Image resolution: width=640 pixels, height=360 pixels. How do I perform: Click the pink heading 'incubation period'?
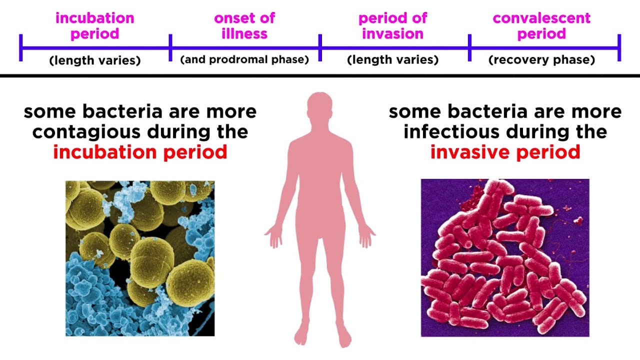coord(95,26)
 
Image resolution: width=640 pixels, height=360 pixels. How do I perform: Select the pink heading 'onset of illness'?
coord(244,26)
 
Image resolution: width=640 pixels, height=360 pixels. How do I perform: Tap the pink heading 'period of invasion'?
coord(392,26)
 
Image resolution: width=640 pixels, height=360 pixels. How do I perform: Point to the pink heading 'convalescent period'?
coord(541,26)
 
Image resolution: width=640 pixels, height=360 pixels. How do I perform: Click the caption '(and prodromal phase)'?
coord(244,59)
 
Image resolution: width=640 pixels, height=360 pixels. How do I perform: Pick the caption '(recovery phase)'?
coord(541,60)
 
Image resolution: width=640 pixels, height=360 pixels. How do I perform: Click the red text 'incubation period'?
coord(140,152)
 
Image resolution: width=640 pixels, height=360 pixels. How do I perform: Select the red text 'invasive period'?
coord(505,152)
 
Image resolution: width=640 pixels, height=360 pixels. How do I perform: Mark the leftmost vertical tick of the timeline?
coord(21,48)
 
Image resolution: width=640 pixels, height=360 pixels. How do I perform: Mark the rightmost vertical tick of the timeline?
coord(619,48)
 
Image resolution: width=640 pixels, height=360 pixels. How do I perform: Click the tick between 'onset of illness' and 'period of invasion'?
coord(320,48)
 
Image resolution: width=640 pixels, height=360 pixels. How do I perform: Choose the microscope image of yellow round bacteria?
coord(140,258)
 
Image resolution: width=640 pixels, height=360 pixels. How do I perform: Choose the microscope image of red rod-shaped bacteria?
coord(505,258)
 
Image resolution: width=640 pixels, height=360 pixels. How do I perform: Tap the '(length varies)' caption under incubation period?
coord(95,60)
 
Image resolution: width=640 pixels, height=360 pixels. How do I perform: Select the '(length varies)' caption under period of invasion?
coord(392,60)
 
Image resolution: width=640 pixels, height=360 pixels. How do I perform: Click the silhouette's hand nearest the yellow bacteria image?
coord(274,236)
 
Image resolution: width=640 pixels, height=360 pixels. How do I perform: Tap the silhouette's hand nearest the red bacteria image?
coord(366,236)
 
